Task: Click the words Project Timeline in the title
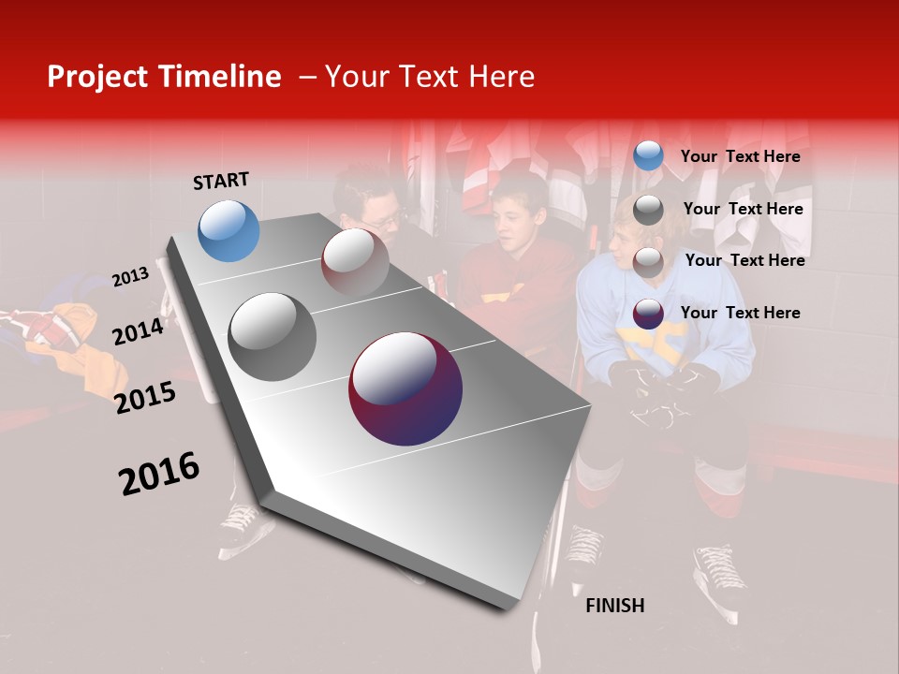pos(164,77)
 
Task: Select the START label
pos(221,181)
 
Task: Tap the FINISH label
pos(614,606)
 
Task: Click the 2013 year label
pos(130,276)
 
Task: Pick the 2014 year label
pos(138,331)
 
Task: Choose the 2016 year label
pos(158,474)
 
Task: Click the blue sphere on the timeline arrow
pos(228,230)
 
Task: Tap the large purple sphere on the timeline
pos(405,388)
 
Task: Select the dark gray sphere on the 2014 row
pos(272,336)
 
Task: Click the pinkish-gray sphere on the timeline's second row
pos(355,261)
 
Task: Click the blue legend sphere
pos(647,156)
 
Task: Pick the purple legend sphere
pos(647,314)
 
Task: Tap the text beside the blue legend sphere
pos(740,156)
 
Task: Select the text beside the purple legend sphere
pos(740,313)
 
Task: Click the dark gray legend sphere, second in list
pos(647,210)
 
